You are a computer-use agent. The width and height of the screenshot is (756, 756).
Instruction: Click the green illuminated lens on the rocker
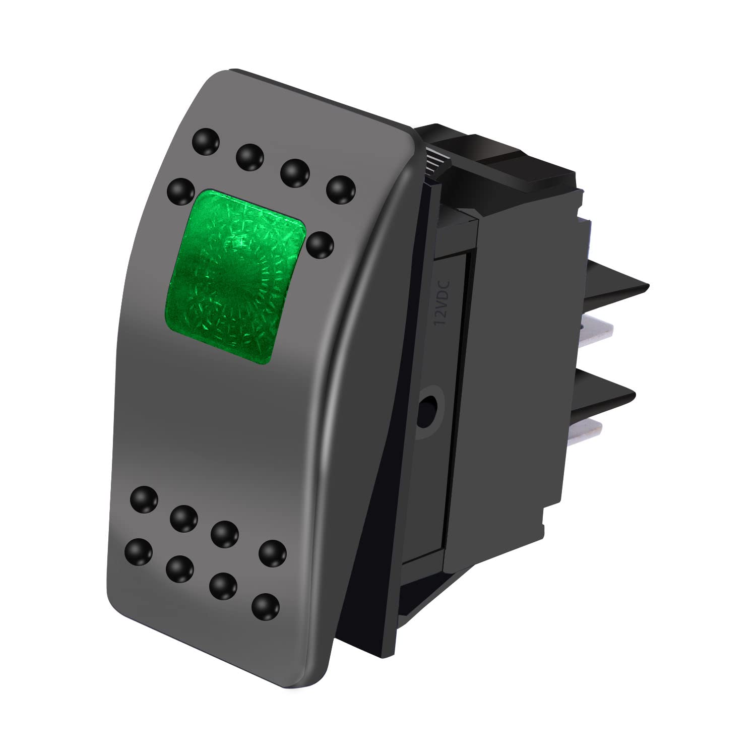pos(236,276)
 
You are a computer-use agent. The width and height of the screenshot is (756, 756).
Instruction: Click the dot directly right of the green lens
pos(320,245)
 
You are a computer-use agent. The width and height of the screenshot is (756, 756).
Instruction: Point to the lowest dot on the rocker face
pos(266,607)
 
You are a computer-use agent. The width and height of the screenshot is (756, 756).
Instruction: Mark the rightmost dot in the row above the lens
pos(341,190)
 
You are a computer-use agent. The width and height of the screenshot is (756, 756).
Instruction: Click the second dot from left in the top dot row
pos(250,156)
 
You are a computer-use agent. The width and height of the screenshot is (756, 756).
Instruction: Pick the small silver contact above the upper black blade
pos(587,224)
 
